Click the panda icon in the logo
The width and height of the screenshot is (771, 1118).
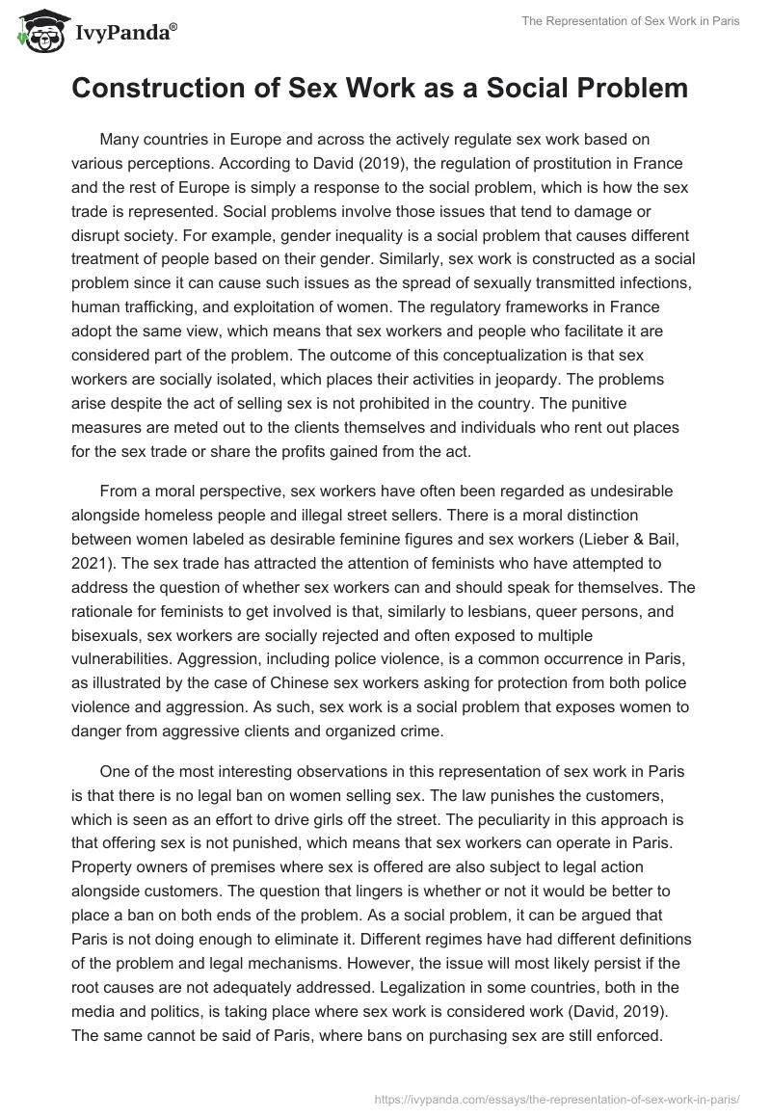click(x=36, y=32)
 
